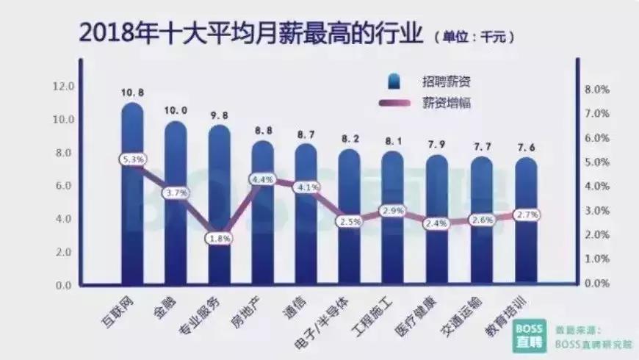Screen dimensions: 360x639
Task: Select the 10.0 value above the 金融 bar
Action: point(176,110)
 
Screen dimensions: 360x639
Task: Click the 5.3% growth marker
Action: point(133,159)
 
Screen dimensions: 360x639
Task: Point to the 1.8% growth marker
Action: point(220,238)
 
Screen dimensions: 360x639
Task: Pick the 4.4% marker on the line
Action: point(262,179)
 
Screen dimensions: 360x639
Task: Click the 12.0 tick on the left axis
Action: point(64,87)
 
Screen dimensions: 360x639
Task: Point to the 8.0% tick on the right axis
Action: point(596,90)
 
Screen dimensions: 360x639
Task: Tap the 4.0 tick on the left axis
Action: point(64,219)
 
